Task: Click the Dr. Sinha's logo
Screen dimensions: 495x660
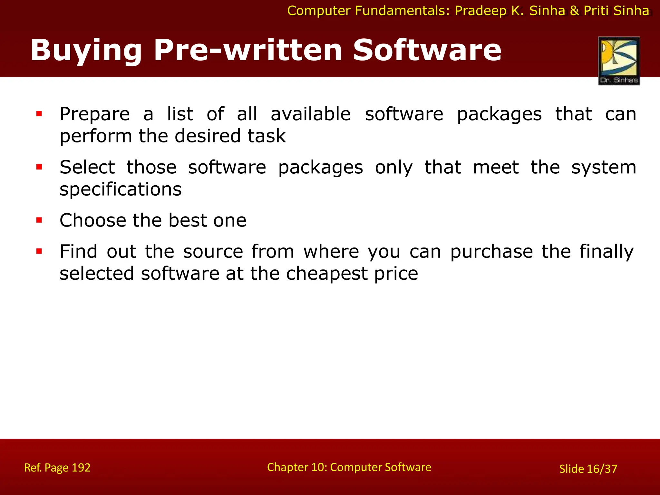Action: tap(619, 61)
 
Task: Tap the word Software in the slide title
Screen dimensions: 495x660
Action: tap(427, 50)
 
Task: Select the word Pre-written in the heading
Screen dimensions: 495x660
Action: tap(247, 50)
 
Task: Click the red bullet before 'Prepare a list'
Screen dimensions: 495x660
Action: tap(39, 114)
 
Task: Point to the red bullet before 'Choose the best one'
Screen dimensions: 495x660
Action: tap(39, 220)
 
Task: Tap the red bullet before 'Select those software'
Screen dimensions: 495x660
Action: tap(39, 167)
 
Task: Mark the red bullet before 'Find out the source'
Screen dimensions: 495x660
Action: tap(39, 251)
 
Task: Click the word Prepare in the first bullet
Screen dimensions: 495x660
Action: tap(95, 115)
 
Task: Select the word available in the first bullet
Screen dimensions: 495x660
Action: tap(311, 114)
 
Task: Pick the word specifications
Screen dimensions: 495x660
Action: tap(121, 189)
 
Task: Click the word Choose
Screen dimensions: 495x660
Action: tap(93, 220)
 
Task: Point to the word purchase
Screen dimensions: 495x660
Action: tap(491, 252)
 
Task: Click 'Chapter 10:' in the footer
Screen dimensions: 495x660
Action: tap(296, 467)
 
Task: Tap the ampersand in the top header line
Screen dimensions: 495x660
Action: tap(574, 11)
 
